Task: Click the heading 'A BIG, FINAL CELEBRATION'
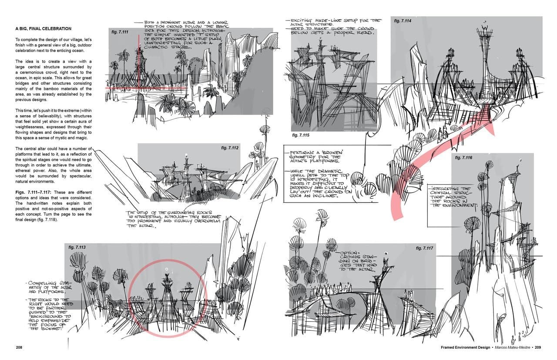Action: click(x=44, y=29)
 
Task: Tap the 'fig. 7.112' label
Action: click(x=229, y=148)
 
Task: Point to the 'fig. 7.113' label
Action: click(x=77, y=247)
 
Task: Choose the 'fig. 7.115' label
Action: click(x=300, y=135)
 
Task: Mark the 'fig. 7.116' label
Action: click(x=463, y=157)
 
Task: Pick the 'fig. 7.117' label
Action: click(x=424, y=248)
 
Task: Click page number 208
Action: click(x=20, y=347)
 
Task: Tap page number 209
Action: click(x=538, y=347)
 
